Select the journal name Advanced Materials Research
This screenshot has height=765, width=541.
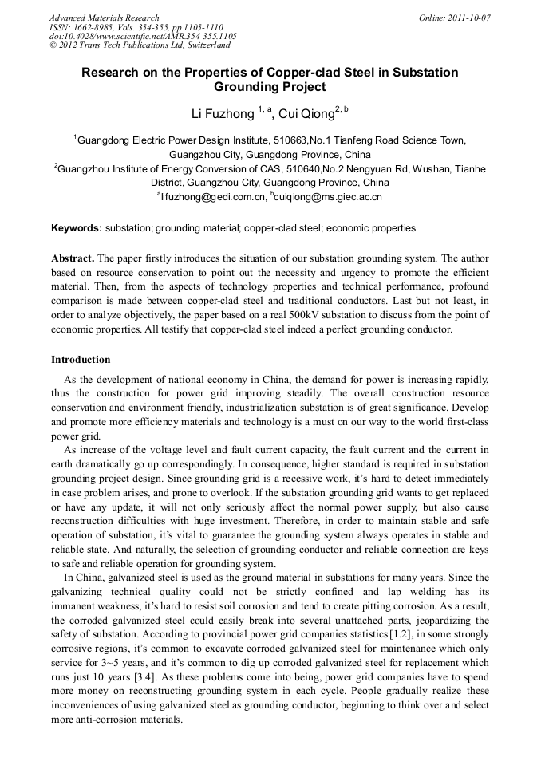105,17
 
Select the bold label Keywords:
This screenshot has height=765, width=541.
77,228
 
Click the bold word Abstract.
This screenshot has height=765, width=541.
73,259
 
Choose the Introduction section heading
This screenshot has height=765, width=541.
81,360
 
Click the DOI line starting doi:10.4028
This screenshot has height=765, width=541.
143,36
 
